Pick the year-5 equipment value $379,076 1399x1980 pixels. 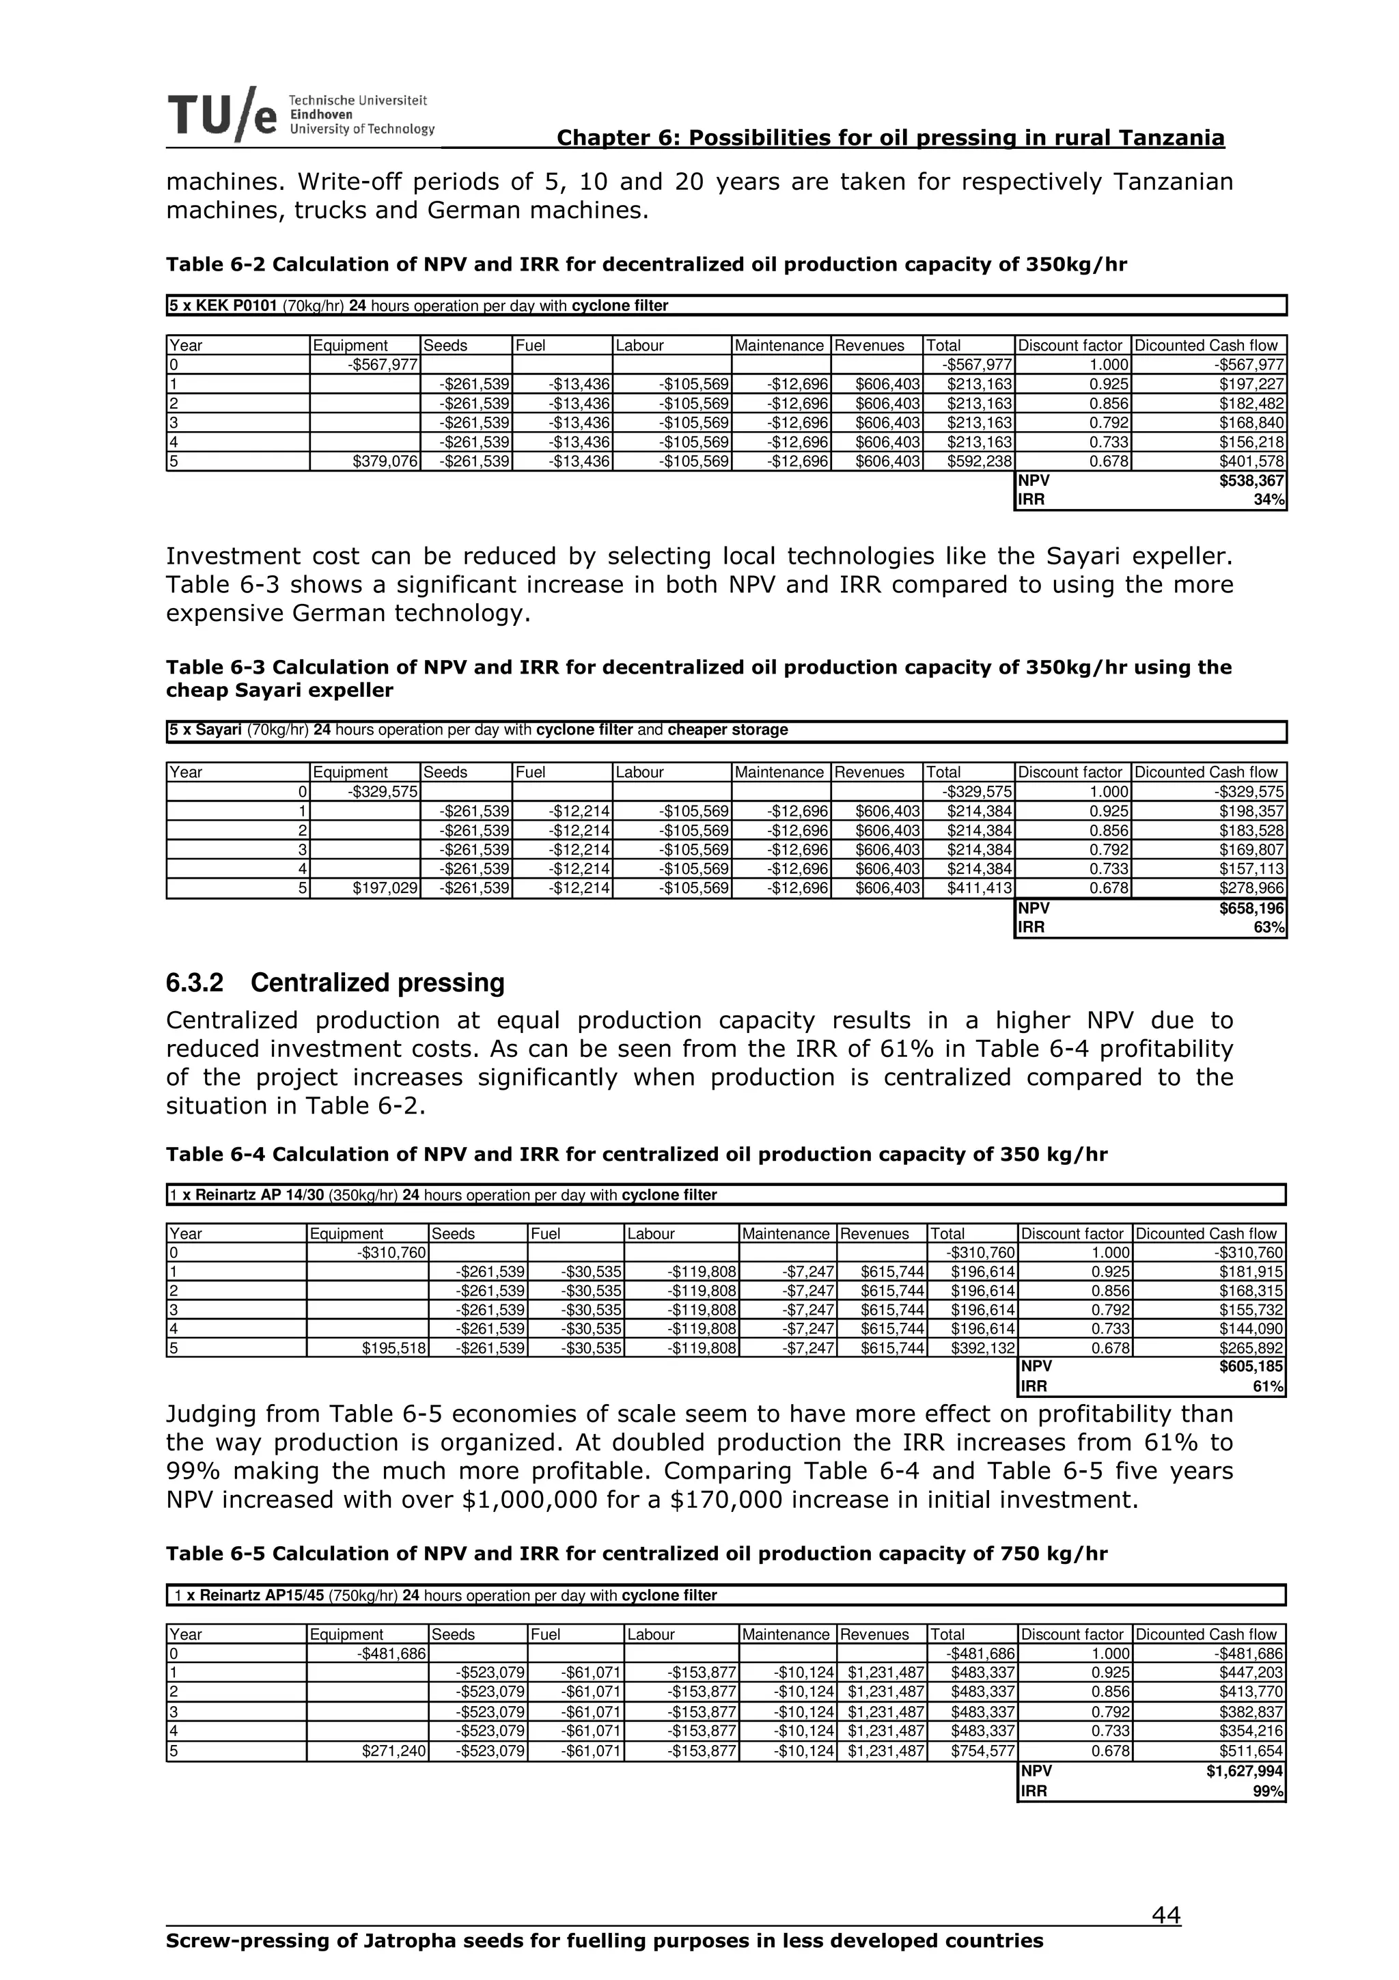click(385, 461)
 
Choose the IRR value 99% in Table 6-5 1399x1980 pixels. click(1271, 1791)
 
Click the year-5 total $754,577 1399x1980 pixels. click(981, 1752)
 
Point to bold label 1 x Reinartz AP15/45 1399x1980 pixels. click(250, 1595)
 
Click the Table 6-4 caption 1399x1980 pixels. click(636, 1155)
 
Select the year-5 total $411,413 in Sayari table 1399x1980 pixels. click(980, 888)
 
